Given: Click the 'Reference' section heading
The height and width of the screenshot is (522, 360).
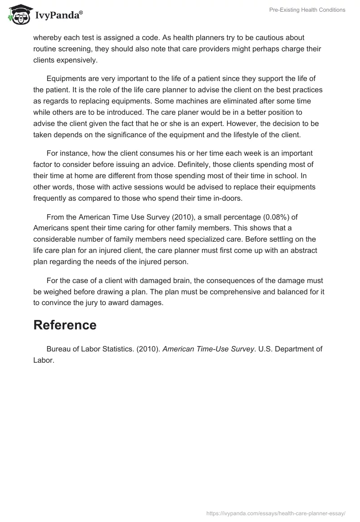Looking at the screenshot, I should [65, 325].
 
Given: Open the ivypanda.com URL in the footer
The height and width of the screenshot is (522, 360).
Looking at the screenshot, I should [276, 513].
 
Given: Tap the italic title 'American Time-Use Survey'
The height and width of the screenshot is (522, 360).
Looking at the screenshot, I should [209, 349].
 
